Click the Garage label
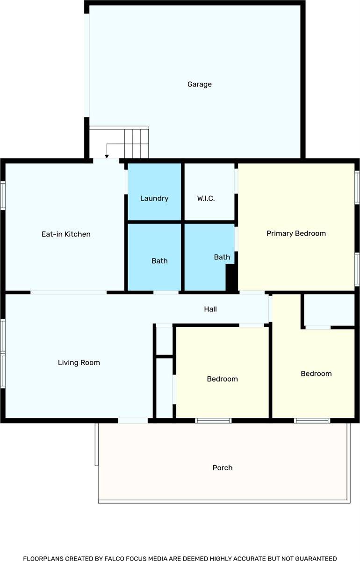pyautogui.click(x=200, y=85)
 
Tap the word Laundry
pyautogui.click(x=154, y=199)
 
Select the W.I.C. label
pyautogui.click(x=206, y=199)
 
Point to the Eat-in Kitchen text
pyautogui.click(x=66, y=234)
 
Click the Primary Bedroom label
pyautogui.click(x=296, y=233)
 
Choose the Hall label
pyautogui.click(x=210, y=309)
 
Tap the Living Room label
pyautogui.click(x=79, y=363)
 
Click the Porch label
pyautogui.click(x=223, y=468)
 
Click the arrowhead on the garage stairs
pyautogui.click(x=107, y=157)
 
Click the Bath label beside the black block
pyautogui.click(x=222, y=257)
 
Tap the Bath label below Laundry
pyautogui.click(x=159, y=261)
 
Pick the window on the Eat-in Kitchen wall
pyautogui.click(x=3, y=195)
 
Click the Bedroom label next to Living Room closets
pyautogui.click(x=223, y=379)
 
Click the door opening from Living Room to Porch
pyautogui.click(x=133, y=420)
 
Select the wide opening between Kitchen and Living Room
pyautogui.click(x=69, y=292)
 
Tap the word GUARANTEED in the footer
pyautogui.click(x=315, y=558)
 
